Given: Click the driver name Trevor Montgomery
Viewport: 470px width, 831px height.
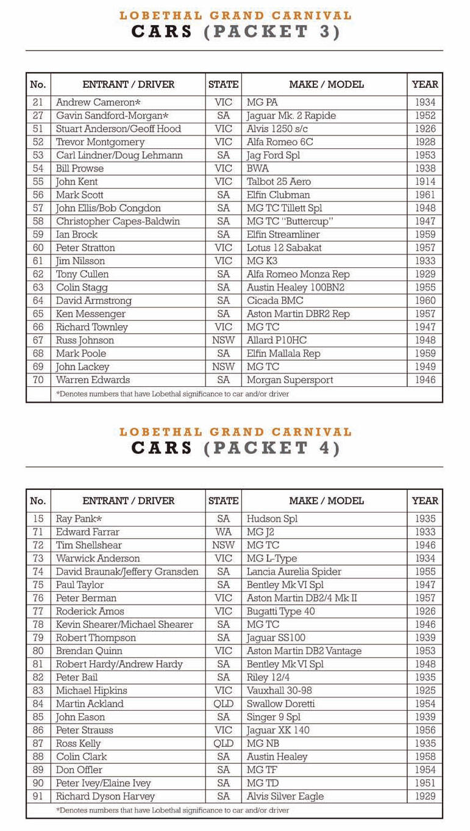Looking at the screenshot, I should click(100, 142).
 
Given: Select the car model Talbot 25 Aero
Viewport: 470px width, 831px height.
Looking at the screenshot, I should click(279, 182).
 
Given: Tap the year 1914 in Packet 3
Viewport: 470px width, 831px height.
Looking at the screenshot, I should click(424, 182).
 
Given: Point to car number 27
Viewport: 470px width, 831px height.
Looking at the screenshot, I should click(38, 116).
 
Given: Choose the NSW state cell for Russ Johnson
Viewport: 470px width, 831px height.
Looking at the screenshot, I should click(223, 340).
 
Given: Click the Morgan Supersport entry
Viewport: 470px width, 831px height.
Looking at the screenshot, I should click(290, 380).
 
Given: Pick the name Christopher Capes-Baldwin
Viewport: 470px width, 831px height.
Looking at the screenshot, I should click(118, 221).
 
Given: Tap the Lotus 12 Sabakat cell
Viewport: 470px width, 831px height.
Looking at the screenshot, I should click(284, 248).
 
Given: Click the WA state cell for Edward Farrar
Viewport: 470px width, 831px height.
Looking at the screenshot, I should click(223, 532).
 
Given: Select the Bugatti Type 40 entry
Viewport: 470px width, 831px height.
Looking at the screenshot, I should click(280, 611).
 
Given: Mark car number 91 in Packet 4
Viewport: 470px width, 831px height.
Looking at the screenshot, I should click(38, 796).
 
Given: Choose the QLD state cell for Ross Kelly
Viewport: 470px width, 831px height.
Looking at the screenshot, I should click(223, 744).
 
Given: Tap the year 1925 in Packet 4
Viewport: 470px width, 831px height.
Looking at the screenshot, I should click(424, 691).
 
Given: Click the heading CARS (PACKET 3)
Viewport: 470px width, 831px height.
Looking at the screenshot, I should click(235, 32).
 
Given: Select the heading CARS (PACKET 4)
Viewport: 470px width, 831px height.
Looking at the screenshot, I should click(235, 448).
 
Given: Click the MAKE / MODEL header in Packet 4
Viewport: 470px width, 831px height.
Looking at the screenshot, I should click(326, 501).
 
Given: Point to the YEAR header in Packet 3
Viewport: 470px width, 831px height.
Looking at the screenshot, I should click(424, 85).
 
